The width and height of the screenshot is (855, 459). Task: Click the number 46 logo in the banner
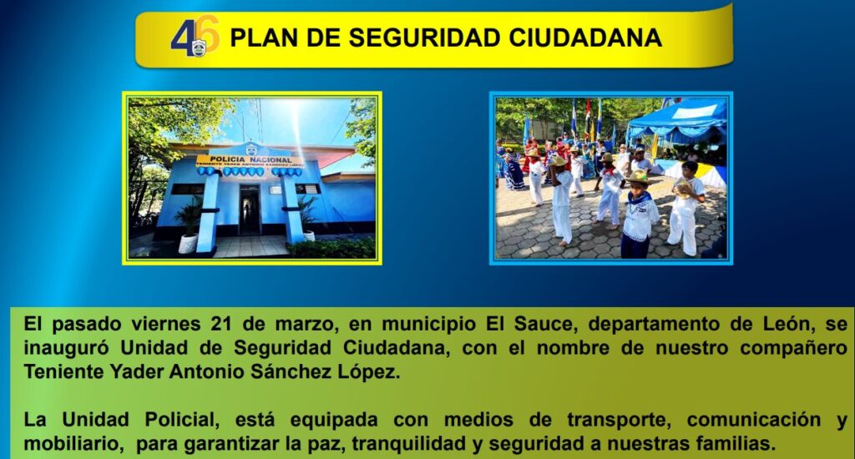195,37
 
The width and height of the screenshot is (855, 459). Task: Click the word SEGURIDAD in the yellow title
424,38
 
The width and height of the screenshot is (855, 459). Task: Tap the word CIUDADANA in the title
585,38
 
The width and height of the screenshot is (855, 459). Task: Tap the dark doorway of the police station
250,209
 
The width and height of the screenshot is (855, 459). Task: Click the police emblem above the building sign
251,149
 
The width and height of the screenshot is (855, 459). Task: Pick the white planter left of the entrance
188,244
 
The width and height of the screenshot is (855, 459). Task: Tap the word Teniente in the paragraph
63,371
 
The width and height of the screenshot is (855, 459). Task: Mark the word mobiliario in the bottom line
73,444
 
